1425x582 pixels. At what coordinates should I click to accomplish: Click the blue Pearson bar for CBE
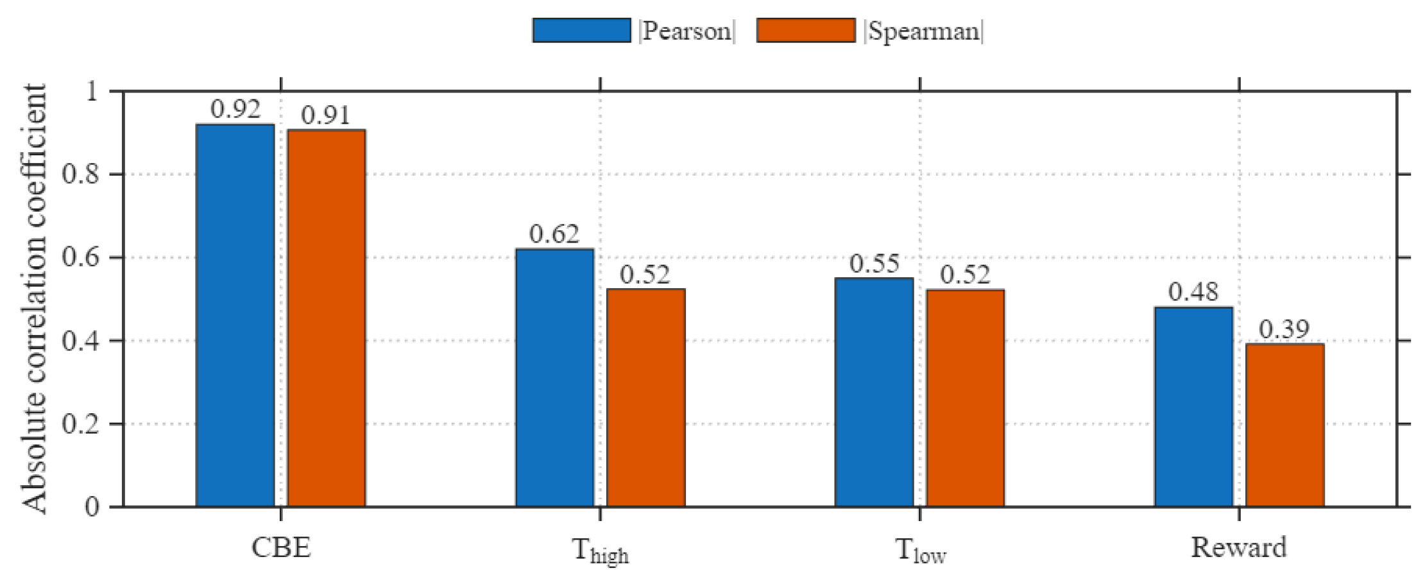point(235,315)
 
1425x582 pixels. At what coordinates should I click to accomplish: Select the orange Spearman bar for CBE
point(326,318)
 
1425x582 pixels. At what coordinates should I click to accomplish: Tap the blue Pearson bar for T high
point(554,378)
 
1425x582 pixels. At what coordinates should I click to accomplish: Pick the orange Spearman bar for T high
point(645,398)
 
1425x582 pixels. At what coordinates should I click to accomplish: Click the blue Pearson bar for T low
point(874,392)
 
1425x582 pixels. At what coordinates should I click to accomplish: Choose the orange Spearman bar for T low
point(965,398)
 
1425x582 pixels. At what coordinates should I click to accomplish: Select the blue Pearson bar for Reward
point(1193,407)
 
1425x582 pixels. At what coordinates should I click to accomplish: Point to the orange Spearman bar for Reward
point(1284,425)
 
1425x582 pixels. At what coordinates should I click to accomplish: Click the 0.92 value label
point(235,110)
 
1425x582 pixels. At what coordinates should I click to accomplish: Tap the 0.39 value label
point(1284,329)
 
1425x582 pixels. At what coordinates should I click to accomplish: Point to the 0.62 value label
point(554,234)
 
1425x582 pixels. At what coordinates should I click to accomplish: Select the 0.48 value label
point(1193,292)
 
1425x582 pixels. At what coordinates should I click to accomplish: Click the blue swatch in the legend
point(581,31)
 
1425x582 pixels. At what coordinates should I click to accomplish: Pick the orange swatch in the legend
point(806,31)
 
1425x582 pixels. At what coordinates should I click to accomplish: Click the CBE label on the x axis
point(281,547)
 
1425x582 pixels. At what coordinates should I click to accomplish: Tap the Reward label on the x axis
point(1239,547)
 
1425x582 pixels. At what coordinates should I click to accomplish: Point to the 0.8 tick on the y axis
point(81,175)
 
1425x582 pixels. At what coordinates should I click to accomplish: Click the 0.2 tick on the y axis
point(81,424)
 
